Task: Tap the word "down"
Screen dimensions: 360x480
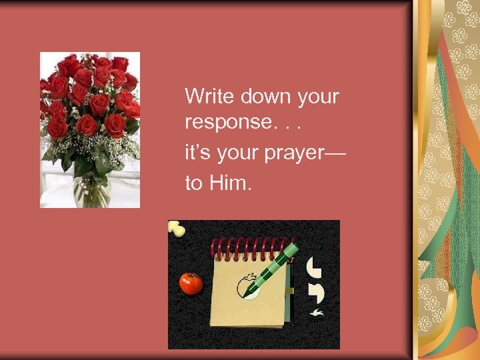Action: (257, 97)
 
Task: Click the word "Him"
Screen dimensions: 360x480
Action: (230, 183)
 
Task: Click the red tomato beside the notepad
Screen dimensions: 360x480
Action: (191, 283)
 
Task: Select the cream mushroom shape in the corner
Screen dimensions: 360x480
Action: (177, 228)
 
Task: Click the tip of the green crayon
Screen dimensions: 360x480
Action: (244, 294)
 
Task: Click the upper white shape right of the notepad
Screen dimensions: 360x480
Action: (313, 267)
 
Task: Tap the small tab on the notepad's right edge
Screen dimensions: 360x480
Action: (290, 291)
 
